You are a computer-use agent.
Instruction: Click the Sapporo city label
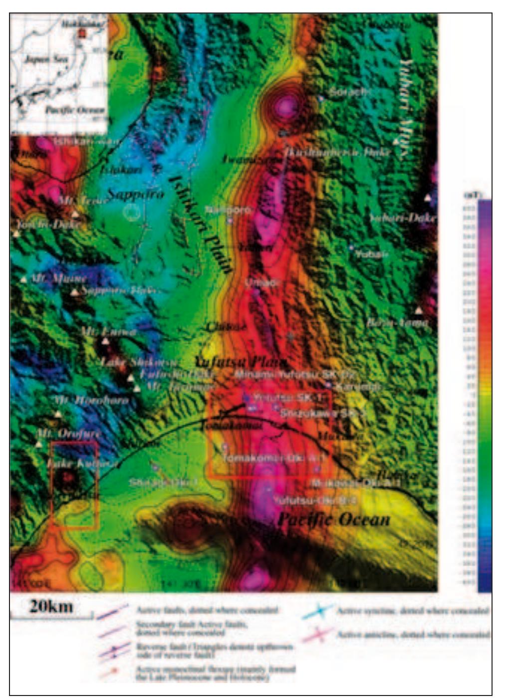tap(135, 194)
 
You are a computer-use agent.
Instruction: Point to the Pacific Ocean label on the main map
tap(333, 519)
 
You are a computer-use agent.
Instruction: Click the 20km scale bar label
tap(51, 606)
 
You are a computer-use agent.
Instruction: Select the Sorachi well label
tap(348, 92)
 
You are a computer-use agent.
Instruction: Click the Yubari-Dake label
tap(403, 218)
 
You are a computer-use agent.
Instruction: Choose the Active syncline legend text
tap(412, 611)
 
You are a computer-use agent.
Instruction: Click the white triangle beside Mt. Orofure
tap(39, 444)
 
